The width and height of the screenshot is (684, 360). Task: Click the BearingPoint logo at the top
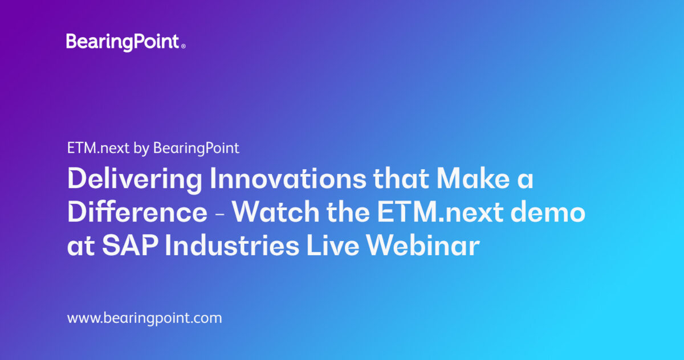click(123, 42)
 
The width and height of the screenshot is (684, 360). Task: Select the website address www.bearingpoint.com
click(144, 318)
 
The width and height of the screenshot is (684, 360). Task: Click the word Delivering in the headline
click(134, 180)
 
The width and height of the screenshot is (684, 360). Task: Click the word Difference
click(137, 213)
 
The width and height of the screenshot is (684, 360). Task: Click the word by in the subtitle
click(140, 149)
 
